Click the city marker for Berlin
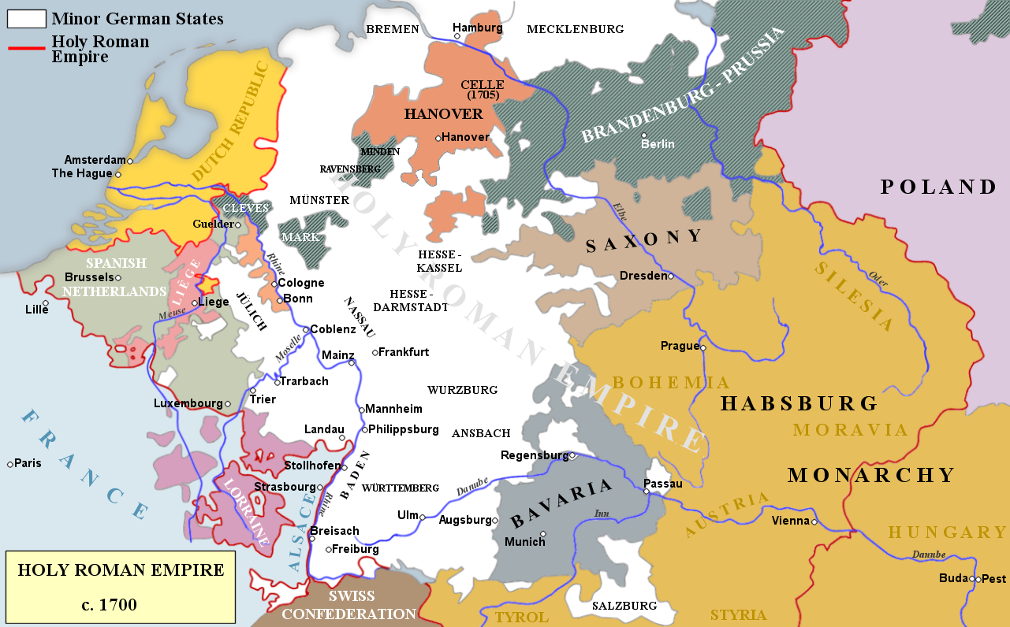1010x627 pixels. (644, 135)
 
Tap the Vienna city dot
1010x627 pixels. (814, 521)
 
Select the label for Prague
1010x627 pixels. (680, 346)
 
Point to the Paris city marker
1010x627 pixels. (10, 464)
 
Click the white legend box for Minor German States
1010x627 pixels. (26, 18)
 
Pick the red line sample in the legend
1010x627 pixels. (26, 48)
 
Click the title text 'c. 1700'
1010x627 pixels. (121, 605)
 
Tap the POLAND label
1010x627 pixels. (938, 187)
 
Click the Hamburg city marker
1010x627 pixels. (456, 36)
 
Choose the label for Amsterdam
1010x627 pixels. (95, 159)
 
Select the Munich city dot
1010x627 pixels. (542, 533)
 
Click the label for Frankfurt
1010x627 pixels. (404, 352)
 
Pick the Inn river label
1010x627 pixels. (602, 514)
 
